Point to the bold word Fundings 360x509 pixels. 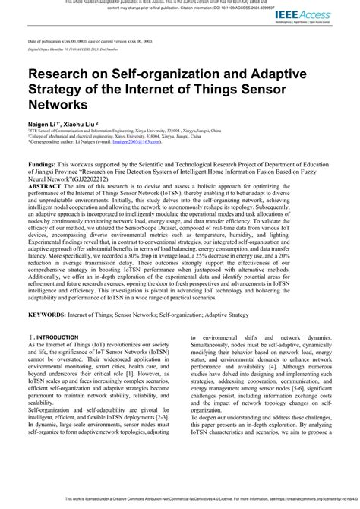click(x=46, y=164)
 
